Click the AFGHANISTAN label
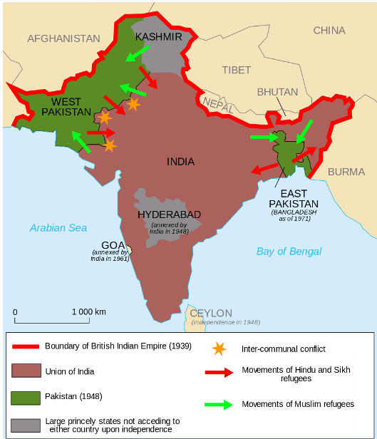coord(64,38)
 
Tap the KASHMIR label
coord(158,36)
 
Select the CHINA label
coord(329,30)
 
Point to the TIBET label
coord(236,70)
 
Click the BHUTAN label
coord(277,92)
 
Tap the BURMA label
coord(346,172)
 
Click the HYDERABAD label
coord(169,214)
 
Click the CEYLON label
coord(210,313)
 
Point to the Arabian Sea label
coord(58,227)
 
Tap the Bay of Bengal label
coord(289,251)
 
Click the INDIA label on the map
coord(180,162)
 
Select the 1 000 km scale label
coord(88,311)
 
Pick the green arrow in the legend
coord(219,404)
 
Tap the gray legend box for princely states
coord(26,425)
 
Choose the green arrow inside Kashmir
coord(138,52)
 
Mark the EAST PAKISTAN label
coord(294,199)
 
